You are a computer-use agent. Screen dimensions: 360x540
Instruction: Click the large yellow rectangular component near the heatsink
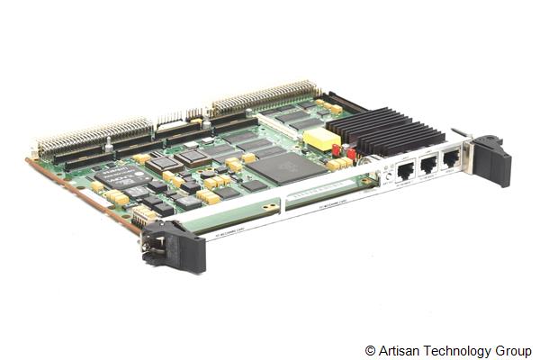point(321,139)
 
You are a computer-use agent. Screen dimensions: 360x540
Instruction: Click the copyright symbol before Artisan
point(370,350)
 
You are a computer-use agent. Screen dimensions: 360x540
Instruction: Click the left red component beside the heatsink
point(337,150)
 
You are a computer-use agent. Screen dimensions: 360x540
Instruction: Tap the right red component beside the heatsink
point(351,154)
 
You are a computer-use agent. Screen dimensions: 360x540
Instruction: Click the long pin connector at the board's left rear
point(94,135)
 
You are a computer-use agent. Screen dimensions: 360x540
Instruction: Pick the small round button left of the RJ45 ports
point(389,176)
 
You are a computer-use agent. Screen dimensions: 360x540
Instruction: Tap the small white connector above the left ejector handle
point(143,215)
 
